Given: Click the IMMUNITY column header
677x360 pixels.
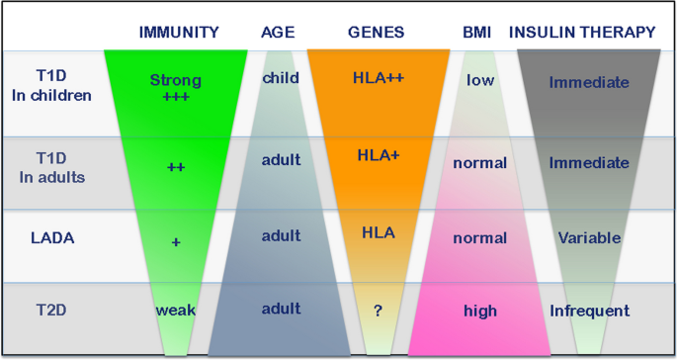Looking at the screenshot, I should [x=178, y=32].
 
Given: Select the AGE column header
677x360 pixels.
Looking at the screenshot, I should [x=278, y=32].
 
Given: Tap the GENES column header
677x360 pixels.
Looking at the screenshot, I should [x=376, y=32].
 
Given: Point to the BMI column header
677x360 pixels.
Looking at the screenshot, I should [x=477, y=32].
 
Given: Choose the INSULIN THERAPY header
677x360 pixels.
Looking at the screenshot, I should [x=582, y=32].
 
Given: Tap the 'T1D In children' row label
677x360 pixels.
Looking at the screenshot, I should [x=51, y=86].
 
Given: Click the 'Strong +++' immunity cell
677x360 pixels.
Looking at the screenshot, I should [x=176, y=88].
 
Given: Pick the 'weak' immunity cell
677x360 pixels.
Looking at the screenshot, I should [x=176, y=310].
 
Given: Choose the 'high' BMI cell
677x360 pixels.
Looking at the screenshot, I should [x=480, y=311].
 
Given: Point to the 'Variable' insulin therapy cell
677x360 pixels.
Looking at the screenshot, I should [x=589, y=237].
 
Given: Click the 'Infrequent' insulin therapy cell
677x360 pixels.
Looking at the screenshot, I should [x=589, y=311].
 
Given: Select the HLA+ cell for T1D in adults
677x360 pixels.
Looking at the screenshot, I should [x=378, y=155].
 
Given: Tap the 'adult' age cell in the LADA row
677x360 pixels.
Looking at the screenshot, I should [x=281, y=236].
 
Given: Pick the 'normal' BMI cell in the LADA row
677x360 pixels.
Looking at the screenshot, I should [x=480, y=237].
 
